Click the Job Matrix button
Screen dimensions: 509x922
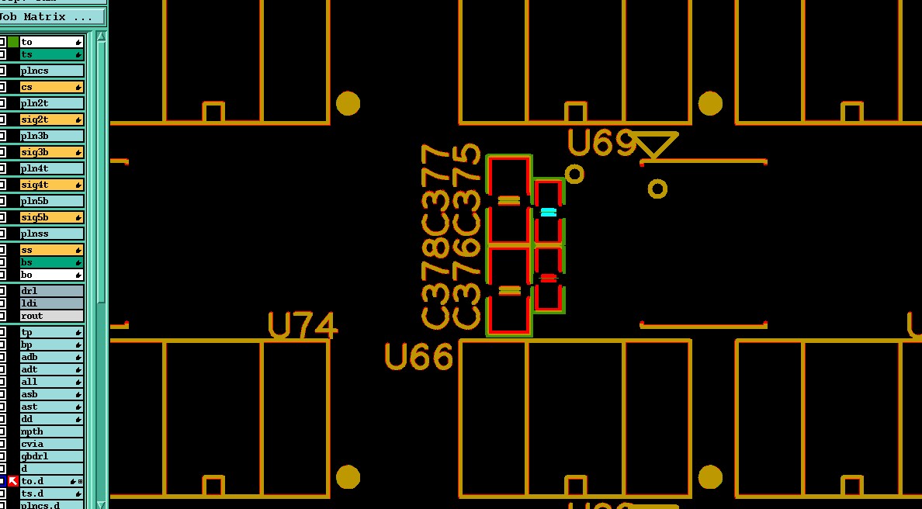(x=51, y=16)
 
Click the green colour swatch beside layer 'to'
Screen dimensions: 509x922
(x=13, y=42)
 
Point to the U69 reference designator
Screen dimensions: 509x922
(x=601, y=144)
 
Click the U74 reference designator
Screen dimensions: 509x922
(x=303, y=326)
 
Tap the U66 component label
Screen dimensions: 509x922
(x=419, y=357)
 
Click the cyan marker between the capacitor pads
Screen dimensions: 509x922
(x=549, y=212)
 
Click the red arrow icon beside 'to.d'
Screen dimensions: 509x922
(x=13, y=481)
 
